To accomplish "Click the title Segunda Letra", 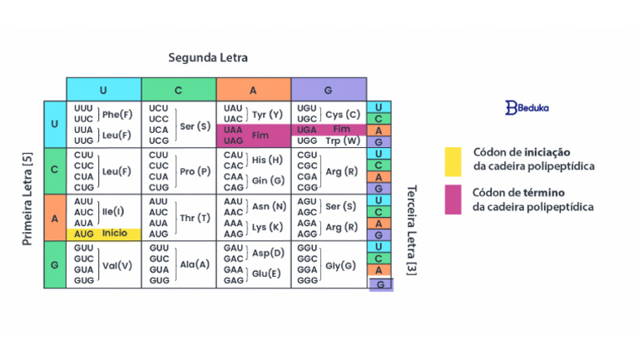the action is (208, 58).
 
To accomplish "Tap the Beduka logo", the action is (527, 108).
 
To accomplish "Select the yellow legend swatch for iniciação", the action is (453, 161).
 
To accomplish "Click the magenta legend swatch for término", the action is (453, 200).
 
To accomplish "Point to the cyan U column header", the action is (103, 90).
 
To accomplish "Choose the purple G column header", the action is (329, 90).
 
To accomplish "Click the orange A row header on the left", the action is (55, 218).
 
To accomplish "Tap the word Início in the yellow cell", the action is (115, 233).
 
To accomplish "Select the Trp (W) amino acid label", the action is (343, 141).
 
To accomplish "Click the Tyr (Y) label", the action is (267, 115).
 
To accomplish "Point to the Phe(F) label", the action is (117, 115).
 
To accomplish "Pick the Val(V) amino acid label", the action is (117, 266).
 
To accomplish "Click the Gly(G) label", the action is (340, 266).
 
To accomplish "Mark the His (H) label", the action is (267, 160).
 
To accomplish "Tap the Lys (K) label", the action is (267, 227).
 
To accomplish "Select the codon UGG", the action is (307, 141).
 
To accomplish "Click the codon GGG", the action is (307, 280).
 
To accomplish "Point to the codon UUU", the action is (83, 108).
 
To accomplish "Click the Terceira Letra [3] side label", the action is (412, 230).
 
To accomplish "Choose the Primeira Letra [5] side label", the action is (27, 199).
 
